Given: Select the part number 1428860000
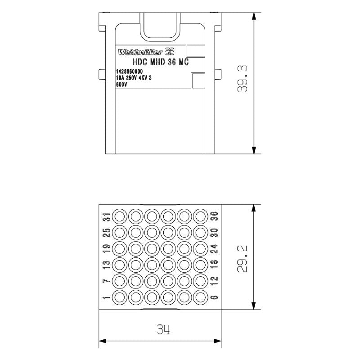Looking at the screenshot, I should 130,72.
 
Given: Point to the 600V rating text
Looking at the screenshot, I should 121,84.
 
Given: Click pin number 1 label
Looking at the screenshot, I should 106,297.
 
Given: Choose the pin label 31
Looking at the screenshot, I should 106,216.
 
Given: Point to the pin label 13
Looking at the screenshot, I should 106,265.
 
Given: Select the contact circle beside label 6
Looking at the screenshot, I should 201,297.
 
